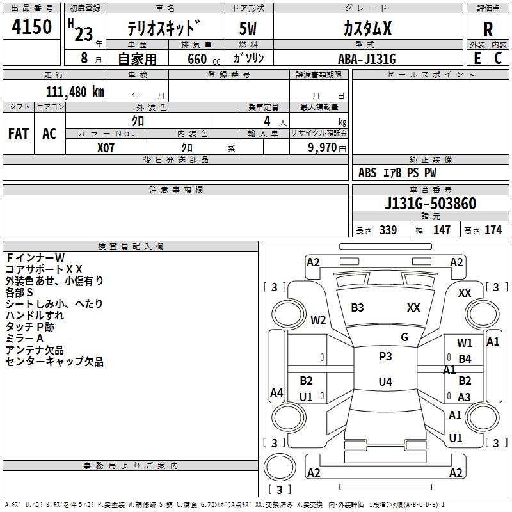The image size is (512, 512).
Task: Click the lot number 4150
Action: tap(32, 27)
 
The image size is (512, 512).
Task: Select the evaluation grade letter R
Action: tap(488, 29)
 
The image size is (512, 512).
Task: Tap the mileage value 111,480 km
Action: tap(75, 92)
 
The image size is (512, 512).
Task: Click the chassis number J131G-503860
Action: tap(430, 204)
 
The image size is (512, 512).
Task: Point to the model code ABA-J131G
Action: tap(367, 59)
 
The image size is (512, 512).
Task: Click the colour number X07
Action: tap(106, 147)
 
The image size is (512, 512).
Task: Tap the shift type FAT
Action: tap(19, 134)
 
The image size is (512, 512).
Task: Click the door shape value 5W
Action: tap(248, 29)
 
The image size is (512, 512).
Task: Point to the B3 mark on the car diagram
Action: tap(357, 308)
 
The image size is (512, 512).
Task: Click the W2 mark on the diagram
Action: tap(318, 320)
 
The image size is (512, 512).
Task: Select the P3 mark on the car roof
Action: tap(385, 356)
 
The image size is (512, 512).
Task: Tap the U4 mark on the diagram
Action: tap(385, 382)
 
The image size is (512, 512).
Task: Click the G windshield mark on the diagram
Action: tap(404, 337)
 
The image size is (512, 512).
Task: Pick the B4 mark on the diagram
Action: tap(465, 359)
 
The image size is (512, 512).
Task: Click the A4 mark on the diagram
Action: tap(276, 392)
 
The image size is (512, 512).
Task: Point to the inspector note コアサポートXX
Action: tap(44, 269)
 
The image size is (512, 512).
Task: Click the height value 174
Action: tap(493, 230)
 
